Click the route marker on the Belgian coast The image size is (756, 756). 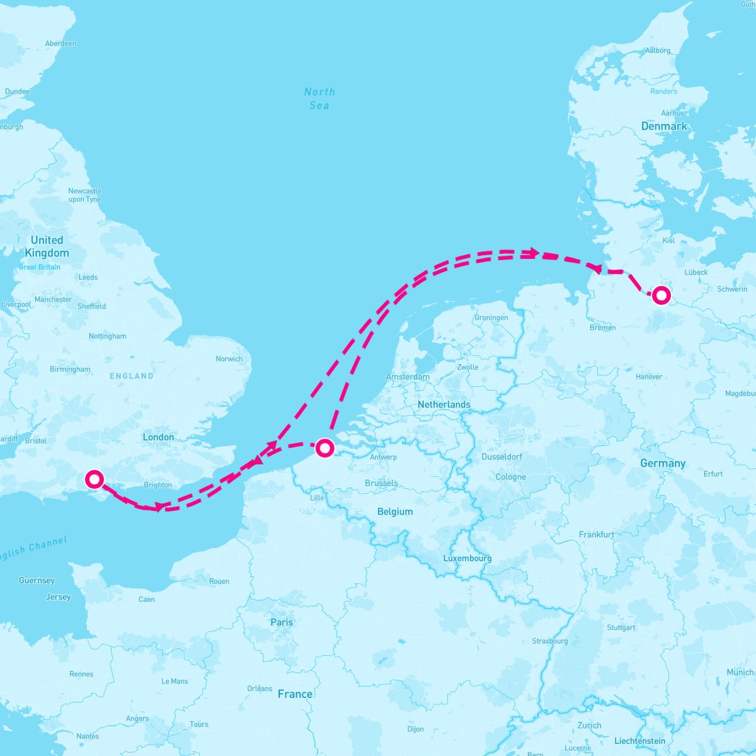324,448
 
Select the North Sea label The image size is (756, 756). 319,98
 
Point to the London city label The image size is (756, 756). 158,437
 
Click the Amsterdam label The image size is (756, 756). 408,377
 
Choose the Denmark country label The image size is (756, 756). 664,126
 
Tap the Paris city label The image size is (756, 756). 282,622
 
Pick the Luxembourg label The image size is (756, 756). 467,558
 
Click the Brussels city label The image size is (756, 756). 381,483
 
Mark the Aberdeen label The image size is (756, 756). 60,43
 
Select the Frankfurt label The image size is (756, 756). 596,534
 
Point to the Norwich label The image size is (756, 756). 229,358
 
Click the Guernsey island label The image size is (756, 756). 37,580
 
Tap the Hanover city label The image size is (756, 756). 649,377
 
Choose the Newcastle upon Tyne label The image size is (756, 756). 84,195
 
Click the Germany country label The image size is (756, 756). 662,463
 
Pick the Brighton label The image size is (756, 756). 157,484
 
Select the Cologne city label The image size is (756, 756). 510,477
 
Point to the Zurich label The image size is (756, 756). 589,725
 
